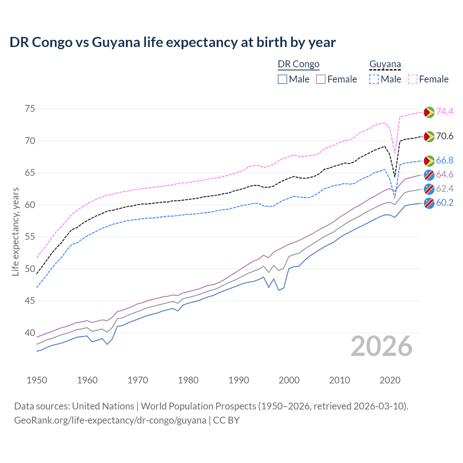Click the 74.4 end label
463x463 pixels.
click(445, 112)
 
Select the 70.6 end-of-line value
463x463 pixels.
click(445, 136)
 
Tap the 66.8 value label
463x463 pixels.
click(445, 161)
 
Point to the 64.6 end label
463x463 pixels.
click(445, 175)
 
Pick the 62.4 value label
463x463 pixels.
click(445, 188)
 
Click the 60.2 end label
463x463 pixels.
click(445, 203)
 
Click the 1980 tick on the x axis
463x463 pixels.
click(188, 380)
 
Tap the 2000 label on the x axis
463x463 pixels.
click(289, 380)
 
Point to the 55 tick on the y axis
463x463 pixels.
click(30, 237)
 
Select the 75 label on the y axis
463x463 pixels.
click(30, 109)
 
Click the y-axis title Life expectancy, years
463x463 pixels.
click(16, 231)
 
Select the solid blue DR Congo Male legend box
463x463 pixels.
click(283, 79)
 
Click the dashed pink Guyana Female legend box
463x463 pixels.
click(413, 79)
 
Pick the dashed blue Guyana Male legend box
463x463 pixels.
click(374, 79)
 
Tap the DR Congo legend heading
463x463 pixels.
click(298, 64)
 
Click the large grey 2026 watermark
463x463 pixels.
click(382, 346)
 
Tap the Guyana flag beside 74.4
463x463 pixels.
click(429, 112)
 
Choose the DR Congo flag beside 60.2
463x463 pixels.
click(429, 203)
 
